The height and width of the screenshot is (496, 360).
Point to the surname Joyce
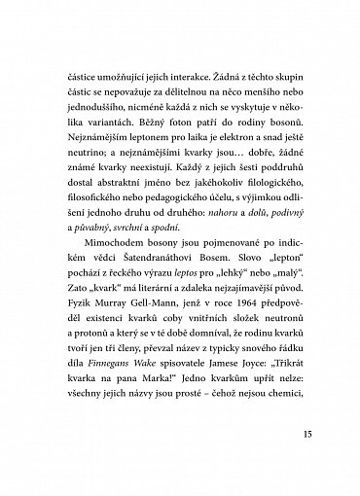pyautogui.click(x=251, y=379)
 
